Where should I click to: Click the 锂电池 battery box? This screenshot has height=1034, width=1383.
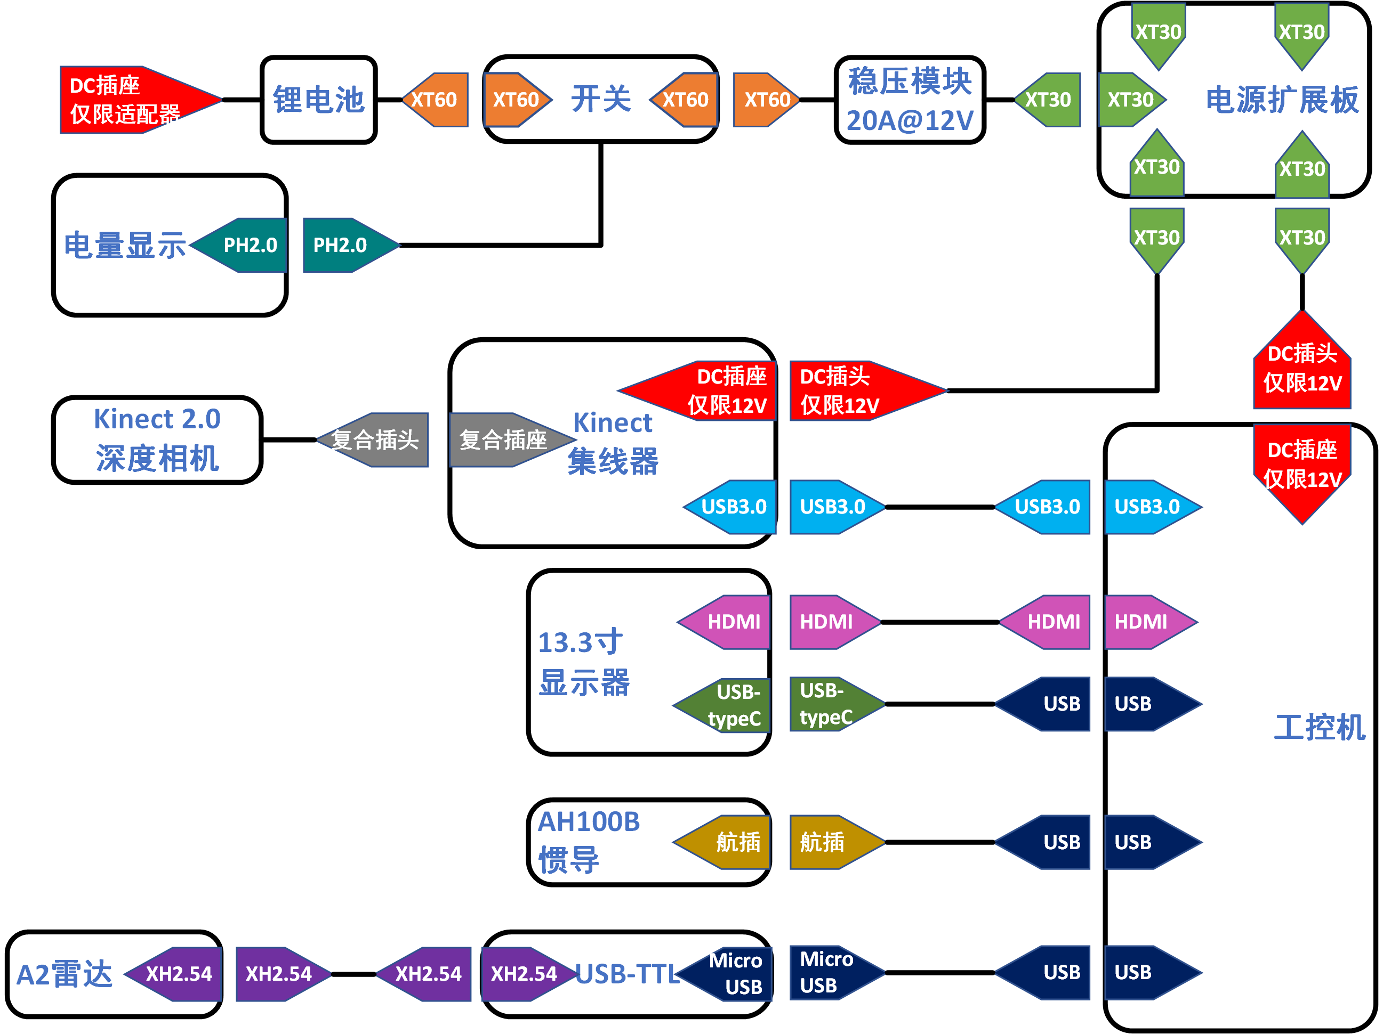tap(318, 100)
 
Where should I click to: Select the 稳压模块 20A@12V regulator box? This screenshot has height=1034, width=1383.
tap(910, 100)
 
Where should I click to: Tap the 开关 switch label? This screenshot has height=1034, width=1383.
tap(601, 99)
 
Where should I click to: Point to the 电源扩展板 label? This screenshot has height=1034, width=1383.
tap(1282, 100)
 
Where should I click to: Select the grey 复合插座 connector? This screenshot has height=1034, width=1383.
tap(504, 440)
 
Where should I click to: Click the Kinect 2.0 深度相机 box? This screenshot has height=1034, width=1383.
tap(157, 440)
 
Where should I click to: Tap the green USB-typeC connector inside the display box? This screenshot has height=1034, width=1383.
tap(728, 705)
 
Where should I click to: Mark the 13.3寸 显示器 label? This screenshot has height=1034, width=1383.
tap(583, 662)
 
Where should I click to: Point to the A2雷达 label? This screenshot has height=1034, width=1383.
tap(64, 974)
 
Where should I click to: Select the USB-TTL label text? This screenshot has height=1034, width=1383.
tap(627, 974)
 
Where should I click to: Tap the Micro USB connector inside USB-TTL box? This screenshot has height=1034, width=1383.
tap(731, 973)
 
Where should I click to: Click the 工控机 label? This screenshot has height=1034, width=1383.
tap(1319, 728)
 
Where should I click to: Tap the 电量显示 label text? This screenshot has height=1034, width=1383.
tap(125, 245)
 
